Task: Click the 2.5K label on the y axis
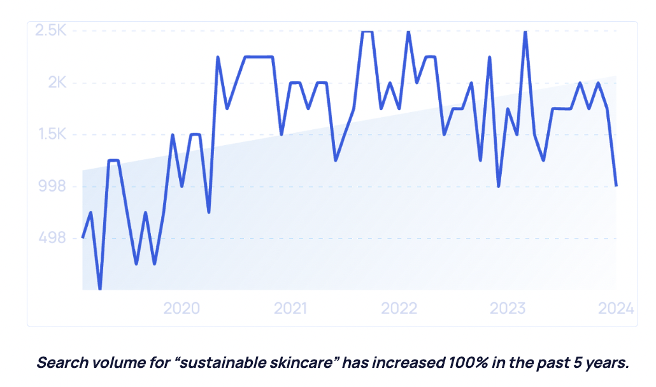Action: coord(50,31)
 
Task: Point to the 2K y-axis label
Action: coord(56,83)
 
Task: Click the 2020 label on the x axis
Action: coord(182,309)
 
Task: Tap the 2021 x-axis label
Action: coord(290,309)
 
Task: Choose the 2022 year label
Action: coord(399,309)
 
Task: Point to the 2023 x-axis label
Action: coord(508,309)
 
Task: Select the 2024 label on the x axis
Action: coord(616,309)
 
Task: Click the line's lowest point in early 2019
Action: coord(100,289)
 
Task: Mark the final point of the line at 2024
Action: coord(616,186)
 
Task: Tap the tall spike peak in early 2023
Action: coord(525,31)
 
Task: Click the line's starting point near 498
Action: coord(83,237)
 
